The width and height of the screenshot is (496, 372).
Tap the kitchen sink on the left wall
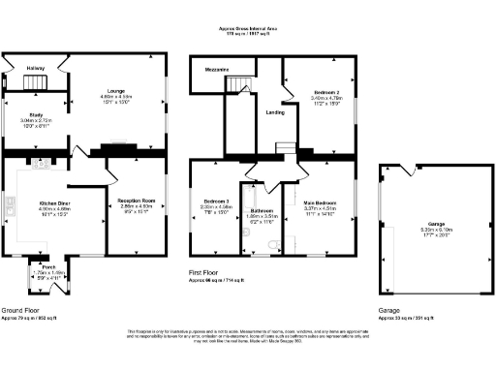coord(11,206)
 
